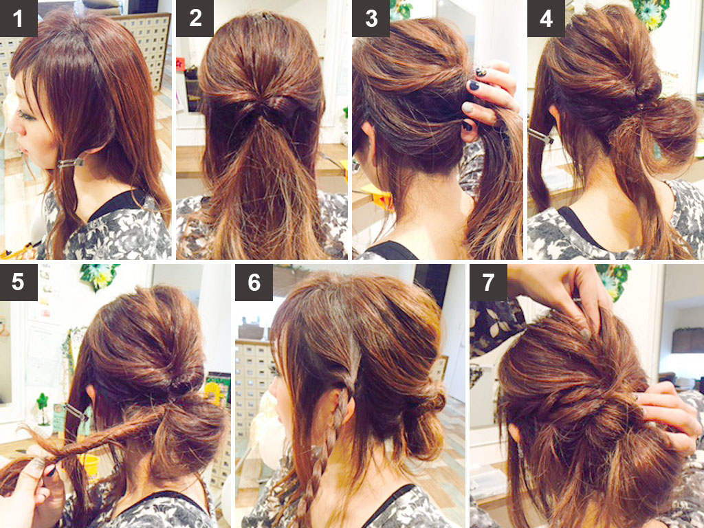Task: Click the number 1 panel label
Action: click(19, 19)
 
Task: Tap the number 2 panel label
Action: click(195, 19)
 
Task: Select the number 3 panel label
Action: click(371, 19)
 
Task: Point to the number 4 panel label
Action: click(546, 19)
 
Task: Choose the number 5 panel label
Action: click(19, 283)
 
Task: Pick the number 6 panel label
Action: click(254, 283)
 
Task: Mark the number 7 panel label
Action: click(489, 283)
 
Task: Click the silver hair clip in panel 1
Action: click(71, 163)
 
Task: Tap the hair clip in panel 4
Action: click(540, 136)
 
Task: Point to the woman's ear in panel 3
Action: click(368, 135)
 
